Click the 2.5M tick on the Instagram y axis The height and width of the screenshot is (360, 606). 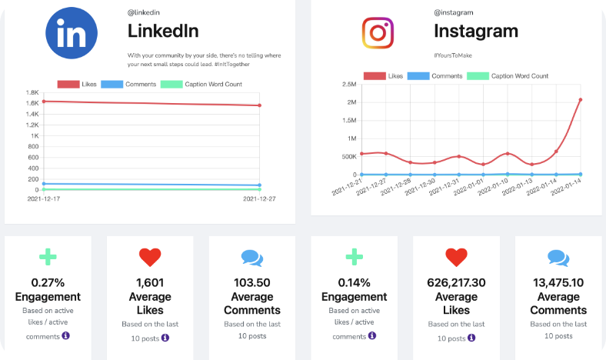click(348, 85)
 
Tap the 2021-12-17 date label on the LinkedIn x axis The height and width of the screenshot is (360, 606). click(44, 198)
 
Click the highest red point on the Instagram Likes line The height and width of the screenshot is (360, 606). click(579, 99)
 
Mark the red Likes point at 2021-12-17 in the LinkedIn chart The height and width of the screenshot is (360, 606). click(44, 101)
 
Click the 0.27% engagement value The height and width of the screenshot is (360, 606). click(48, 282)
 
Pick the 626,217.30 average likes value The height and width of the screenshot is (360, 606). click(456, 282)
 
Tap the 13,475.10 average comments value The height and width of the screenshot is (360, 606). click(558, 282)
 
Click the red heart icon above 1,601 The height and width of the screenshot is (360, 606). click(150, 257)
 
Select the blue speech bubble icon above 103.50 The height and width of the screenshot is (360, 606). click(251, 258)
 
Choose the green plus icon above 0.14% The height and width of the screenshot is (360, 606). click(354, 257)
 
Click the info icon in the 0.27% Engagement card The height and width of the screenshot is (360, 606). click(66, 335)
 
